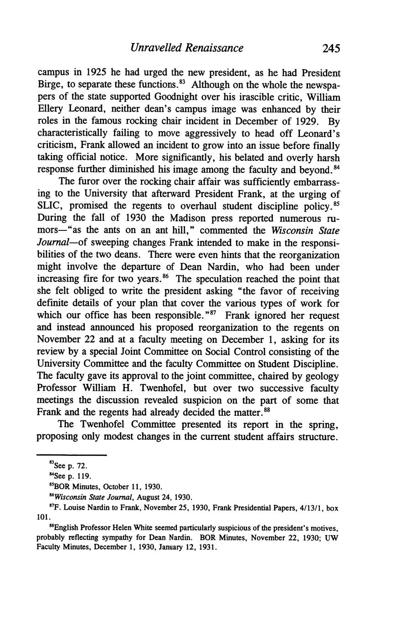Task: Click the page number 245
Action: (330, 48)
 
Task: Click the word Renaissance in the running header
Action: (215, 48)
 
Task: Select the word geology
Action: (321, 376)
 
